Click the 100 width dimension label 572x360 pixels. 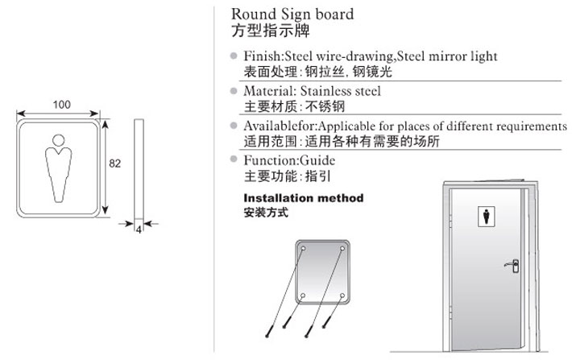point(62,105)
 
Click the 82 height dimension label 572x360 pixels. point(115,163)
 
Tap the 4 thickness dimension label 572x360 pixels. point(139,230)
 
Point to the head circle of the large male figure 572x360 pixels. point(58,140)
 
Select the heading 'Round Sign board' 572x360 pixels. point(292,14)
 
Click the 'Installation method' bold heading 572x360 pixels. point(304,198)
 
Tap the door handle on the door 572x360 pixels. point(512,266)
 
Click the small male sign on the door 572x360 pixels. point(487,216)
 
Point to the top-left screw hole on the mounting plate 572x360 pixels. point(303,249)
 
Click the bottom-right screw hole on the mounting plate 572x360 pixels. point(342,295)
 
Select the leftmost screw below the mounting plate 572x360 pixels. point(268,332)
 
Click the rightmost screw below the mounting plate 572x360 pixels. point(327,322)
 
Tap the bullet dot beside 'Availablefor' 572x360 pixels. point(234,126)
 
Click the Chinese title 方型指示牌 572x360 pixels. point(271,31)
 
